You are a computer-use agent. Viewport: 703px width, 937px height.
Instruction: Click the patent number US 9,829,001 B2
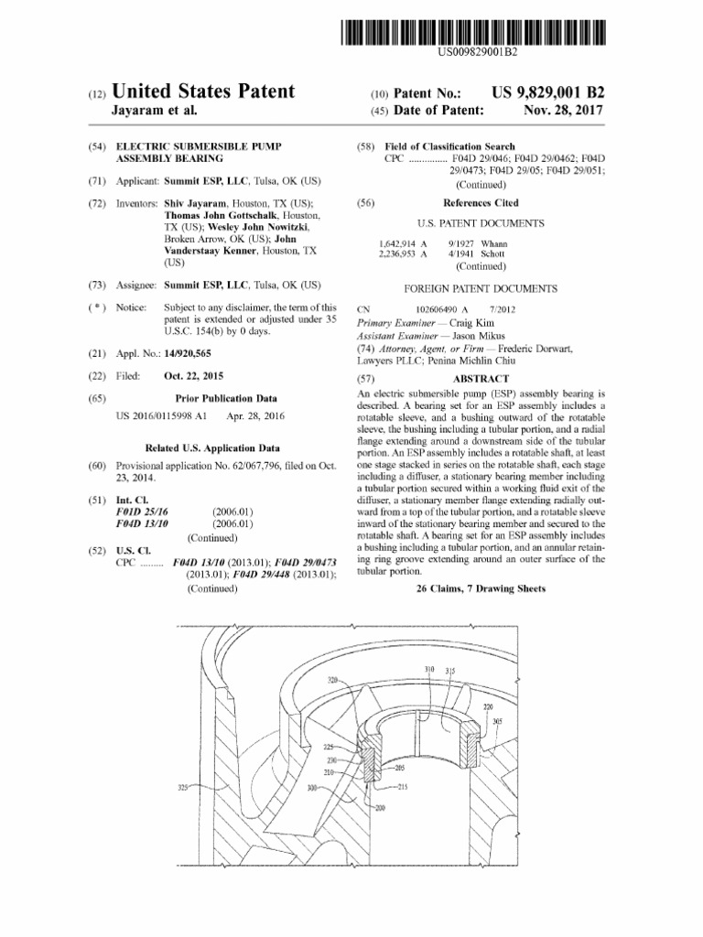click(x=548, y=93)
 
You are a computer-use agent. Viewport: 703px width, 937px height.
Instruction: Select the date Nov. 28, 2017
click(x=565, y=111)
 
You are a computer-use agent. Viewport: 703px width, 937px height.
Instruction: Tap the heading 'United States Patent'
click(x=203, y=92)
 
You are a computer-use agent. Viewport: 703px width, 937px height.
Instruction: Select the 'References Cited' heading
click(x=481, y=203)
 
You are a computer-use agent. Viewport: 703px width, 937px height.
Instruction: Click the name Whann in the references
click(x=493, y=244)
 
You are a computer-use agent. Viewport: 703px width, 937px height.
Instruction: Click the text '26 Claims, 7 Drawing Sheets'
click(x=481, y=589)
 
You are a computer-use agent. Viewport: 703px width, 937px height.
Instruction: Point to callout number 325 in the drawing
click(x=183, y=786)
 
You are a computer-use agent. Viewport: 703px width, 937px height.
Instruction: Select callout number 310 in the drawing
click(x=429, y=670)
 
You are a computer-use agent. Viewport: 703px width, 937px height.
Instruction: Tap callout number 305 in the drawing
click(x=497, y=720)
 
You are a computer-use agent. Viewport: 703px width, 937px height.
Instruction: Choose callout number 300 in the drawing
click(x=312, y=786)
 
